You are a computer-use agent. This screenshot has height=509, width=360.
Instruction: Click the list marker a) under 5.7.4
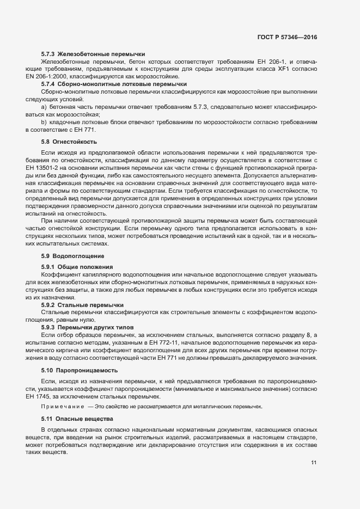pos(43,107)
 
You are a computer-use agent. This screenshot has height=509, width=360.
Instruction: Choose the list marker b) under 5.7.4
pos(43,123)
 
